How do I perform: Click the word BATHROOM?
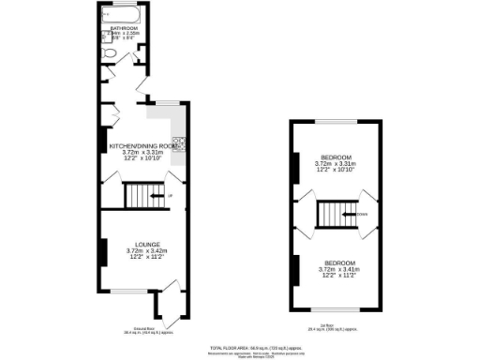coord(123,29)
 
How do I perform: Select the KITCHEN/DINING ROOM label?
coord(143,147)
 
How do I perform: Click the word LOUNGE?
coord(146,245)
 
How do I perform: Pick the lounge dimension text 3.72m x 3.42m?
coord(146,250)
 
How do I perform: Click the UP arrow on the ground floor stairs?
coord(170,195)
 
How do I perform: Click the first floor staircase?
coord(333,214)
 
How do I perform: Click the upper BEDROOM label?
coord(337,157)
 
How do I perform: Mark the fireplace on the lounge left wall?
coord(101,251)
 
